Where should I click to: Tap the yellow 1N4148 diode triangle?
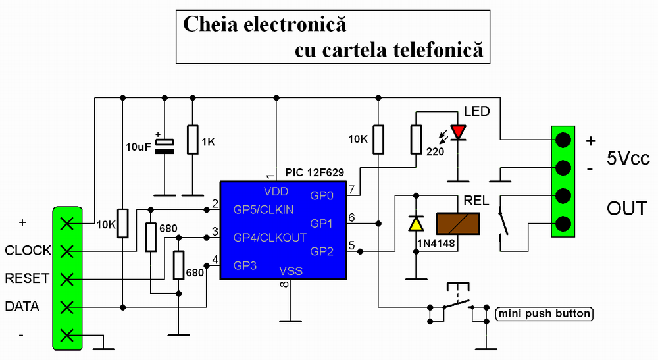(x=416, y=224)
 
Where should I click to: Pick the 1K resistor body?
(x=192, y=139)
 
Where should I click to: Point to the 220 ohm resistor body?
(x=416, y=139)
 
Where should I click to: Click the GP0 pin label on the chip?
(x=322, y=195)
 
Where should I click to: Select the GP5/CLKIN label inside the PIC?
(x=263, y=209)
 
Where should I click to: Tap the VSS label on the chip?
(x=291, y=270)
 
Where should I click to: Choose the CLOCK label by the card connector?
(x=28, y=251)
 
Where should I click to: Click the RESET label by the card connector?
(x=27, y=278)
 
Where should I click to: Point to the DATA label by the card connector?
(x=22, y=306)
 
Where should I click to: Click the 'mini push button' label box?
(x=544, y=313)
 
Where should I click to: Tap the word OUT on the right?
(x=626, y=209)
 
